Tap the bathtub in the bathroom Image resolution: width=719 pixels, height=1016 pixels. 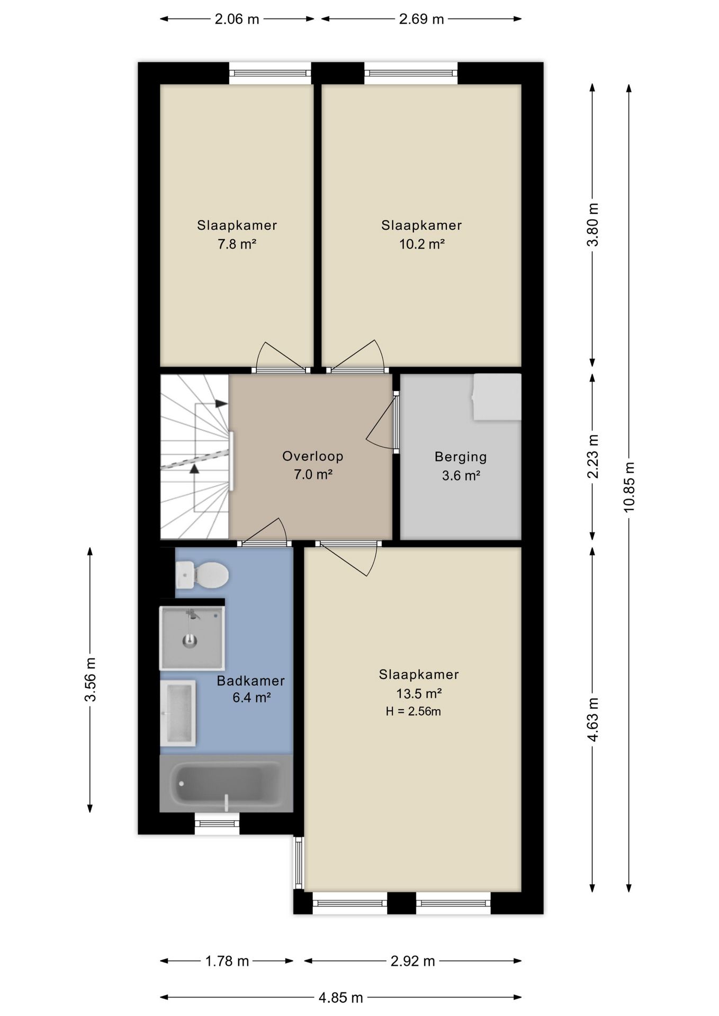(226, 784)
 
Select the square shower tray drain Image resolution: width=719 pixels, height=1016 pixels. (190, 641)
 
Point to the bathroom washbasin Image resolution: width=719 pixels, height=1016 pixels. (178, 713)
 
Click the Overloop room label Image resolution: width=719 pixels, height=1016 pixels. (313, 456)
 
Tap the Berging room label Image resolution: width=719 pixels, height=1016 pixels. (461, 457)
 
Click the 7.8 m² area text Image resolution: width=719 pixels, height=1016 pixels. (237, 244)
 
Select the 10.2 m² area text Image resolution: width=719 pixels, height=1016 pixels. (422, 244)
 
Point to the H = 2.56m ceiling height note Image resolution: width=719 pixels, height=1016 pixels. (414, 712)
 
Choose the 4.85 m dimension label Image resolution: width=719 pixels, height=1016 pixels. (341, 998)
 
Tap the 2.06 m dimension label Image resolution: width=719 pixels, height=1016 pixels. (237, 20)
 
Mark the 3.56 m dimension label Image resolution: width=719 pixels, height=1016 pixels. (90, 679)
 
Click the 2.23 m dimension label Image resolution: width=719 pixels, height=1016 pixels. (592, 456)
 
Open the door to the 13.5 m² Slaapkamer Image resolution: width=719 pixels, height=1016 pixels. (348, 557)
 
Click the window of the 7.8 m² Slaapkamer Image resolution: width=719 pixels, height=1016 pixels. (270, 73)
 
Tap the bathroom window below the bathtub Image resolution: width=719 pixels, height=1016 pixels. (217, 823)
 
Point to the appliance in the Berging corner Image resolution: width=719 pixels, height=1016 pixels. (497, 397)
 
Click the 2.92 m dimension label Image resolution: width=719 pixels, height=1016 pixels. (413, 961)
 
